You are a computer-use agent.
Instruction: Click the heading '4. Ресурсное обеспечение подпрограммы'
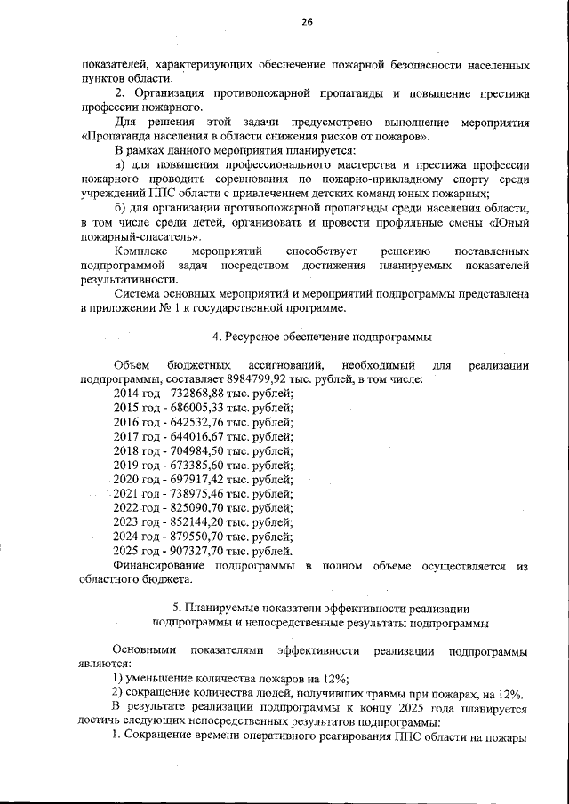(x=309, y=337)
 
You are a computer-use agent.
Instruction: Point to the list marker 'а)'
(x=122, y=165)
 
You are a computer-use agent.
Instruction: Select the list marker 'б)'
(x=122, y=208)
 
